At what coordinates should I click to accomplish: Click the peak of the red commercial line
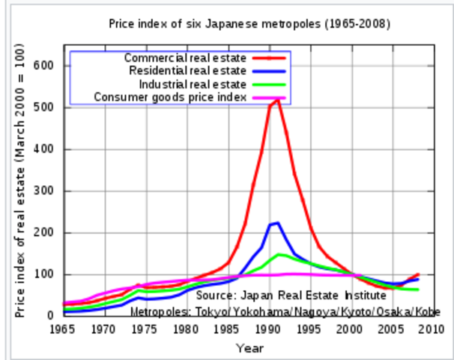click(278, 99)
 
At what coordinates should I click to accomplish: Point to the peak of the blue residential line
click(277, 223)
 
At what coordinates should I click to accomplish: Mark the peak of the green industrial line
click(279, 255)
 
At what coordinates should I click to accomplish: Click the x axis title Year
click(249, 348)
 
